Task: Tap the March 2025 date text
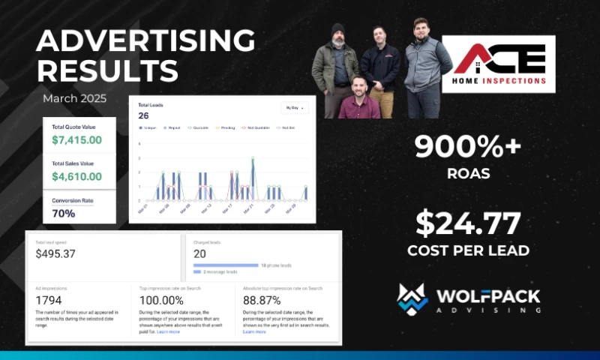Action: pos(75,98)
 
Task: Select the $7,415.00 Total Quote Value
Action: pos(76,139)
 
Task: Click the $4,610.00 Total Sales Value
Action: pos(76,177)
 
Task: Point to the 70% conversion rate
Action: pos(64,213)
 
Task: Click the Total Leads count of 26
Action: pos(144,115)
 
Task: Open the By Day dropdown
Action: pos(294,108)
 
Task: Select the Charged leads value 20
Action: pos(199,253)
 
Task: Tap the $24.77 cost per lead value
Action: pos(469,223)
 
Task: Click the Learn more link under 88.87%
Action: pos(254,331)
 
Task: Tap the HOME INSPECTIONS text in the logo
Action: pos(498,80)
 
